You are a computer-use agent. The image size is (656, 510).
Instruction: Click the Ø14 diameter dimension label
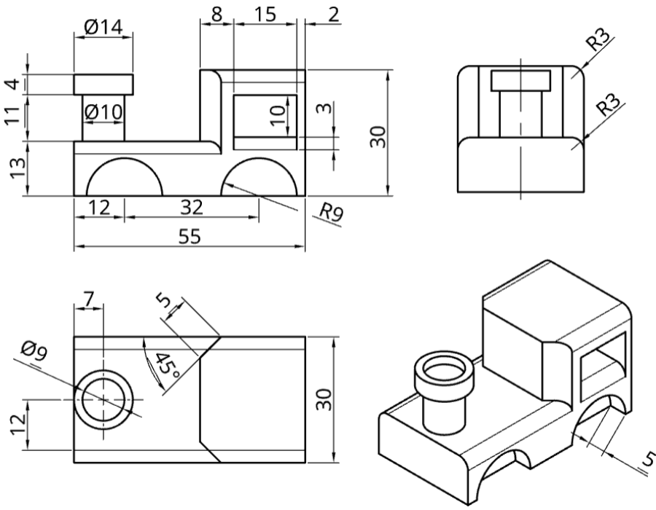pos(104,28)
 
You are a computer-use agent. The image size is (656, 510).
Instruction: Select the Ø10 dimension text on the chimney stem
pos(104,112)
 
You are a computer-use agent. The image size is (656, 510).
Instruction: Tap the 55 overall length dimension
pos(190,237)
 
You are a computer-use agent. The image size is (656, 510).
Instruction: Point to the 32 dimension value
pos(192,208)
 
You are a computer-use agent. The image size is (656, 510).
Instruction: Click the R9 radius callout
pos(330,212)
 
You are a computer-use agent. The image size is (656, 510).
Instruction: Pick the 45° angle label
pos(167,366)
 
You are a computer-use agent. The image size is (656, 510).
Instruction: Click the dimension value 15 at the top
pos(265,15)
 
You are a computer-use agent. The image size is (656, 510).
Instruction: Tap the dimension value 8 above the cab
pos(216,15)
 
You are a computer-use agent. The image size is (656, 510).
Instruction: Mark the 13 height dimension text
pos(17,168)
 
